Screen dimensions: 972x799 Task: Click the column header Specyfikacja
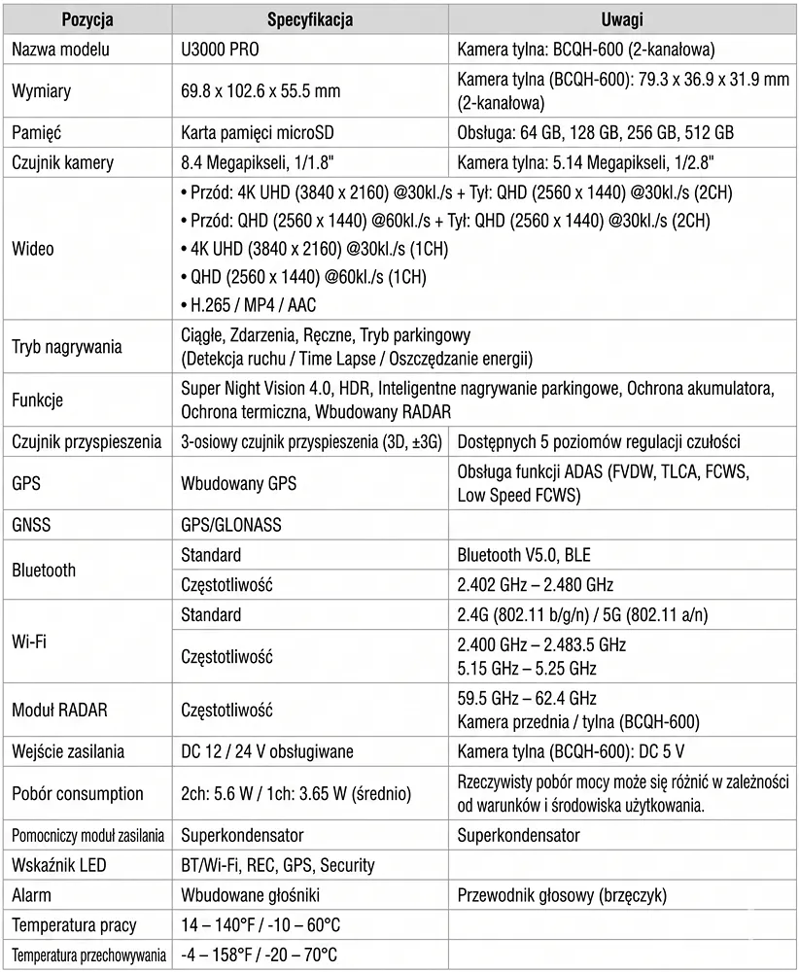(310, 20)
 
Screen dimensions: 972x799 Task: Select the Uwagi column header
(622, 20)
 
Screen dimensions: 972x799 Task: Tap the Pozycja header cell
(87, 20)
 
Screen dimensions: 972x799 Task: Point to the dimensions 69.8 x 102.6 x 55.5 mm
(261, 90)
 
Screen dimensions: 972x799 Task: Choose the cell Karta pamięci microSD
(259, 132)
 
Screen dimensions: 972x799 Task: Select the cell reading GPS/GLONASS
(231, 525)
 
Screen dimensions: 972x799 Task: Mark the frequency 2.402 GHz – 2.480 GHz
(535, 585)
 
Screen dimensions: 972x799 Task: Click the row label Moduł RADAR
(59, 711)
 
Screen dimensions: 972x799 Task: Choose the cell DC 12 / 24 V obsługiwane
(267, 751)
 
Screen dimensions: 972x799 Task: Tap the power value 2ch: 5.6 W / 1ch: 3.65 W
(295, 793)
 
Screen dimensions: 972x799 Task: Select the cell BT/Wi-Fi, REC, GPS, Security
(278, 865)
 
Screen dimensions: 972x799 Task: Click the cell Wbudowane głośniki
(250, 894)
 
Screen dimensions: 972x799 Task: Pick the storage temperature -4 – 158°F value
(260, 955)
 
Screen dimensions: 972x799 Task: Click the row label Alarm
(31, 894)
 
